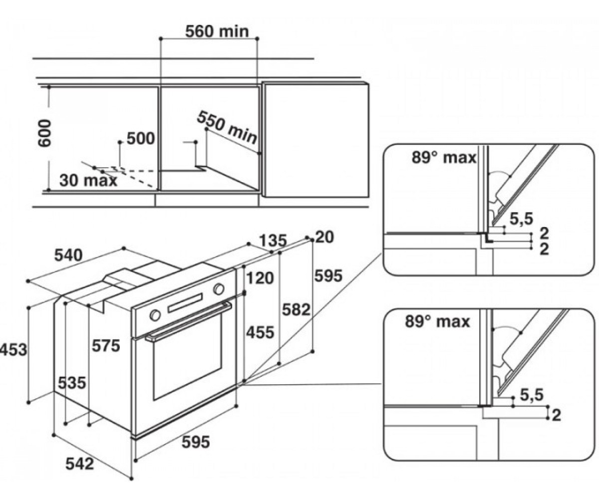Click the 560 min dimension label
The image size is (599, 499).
coord(217,31)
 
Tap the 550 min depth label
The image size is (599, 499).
coord(228,127)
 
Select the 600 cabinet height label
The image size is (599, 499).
coord(44,133)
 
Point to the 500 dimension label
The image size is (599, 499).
coord(141,139)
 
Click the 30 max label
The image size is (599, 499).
coord(88,180)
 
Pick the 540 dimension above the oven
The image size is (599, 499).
coord(68,255)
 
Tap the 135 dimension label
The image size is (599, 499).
coord(273,241)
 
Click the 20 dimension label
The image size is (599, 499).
coord(325,237)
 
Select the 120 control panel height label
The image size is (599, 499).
coord(260,278)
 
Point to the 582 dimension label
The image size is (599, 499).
coord(296,310)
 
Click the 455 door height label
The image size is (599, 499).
coord(260,333)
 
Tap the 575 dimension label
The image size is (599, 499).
coord(105,346)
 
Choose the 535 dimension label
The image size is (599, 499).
coord(72,383)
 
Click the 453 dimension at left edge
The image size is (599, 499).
coord(13,350)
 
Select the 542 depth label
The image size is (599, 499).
coord(80,464)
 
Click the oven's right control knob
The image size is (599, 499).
coord(219,289)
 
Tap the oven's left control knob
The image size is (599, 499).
coord(155,315)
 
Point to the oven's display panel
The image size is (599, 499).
coord(185,302)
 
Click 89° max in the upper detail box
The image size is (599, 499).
coord(444,158)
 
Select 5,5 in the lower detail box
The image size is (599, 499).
coord(532,395)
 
